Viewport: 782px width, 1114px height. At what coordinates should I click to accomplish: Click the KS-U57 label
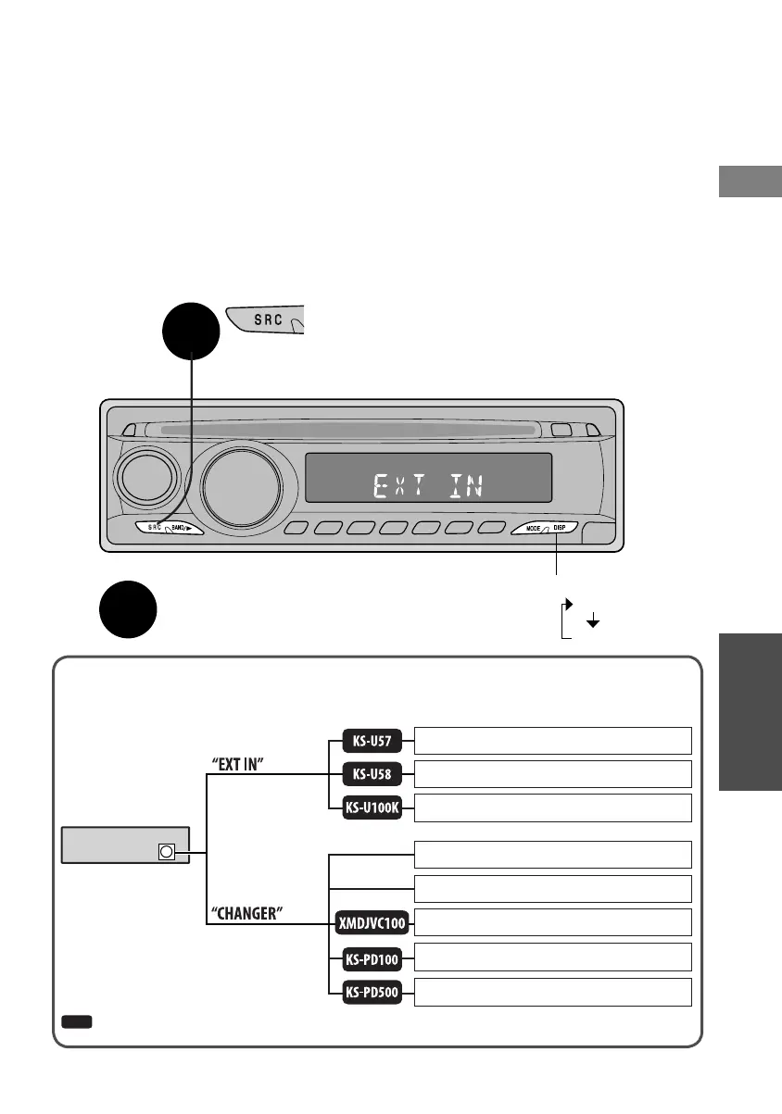point(371,741)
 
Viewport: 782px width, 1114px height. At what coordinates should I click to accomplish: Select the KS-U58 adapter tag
point(371,774)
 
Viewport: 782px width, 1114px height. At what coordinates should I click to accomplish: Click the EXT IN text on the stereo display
point(428,485)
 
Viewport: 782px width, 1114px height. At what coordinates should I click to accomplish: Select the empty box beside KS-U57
point(552,741)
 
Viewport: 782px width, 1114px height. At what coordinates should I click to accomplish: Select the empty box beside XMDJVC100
point(552,922)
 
